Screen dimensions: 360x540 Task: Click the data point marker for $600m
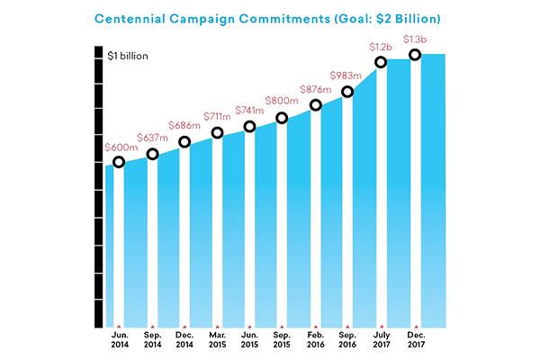[x=119, y=162]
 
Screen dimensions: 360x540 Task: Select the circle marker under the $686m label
[x=184, y=142]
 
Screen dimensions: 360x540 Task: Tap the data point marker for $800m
[x=283, y=118]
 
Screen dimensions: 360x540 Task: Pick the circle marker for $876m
[x=315, y=105]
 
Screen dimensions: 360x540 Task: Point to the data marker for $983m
[x=348, y=92]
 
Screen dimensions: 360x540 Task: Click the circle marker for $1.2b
[x=382, y=62]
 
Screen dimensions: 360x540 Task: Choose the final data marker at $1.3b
[x=414, y=55]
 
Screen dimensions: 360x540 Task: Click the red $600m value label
[x=119, y=146]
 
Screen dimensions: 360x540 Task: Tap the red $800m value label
[x=283, y=101]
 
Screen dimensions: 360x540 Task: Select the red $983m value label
[x=348, y=76]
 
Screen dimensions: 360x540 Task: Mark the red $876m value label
[x=315, y=89]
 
